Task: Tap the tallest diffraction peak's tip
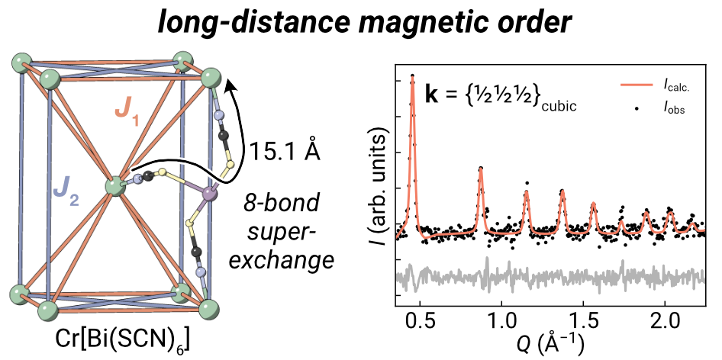(x=412, y=76)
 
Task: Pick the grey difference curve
(x=534, y=275)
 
